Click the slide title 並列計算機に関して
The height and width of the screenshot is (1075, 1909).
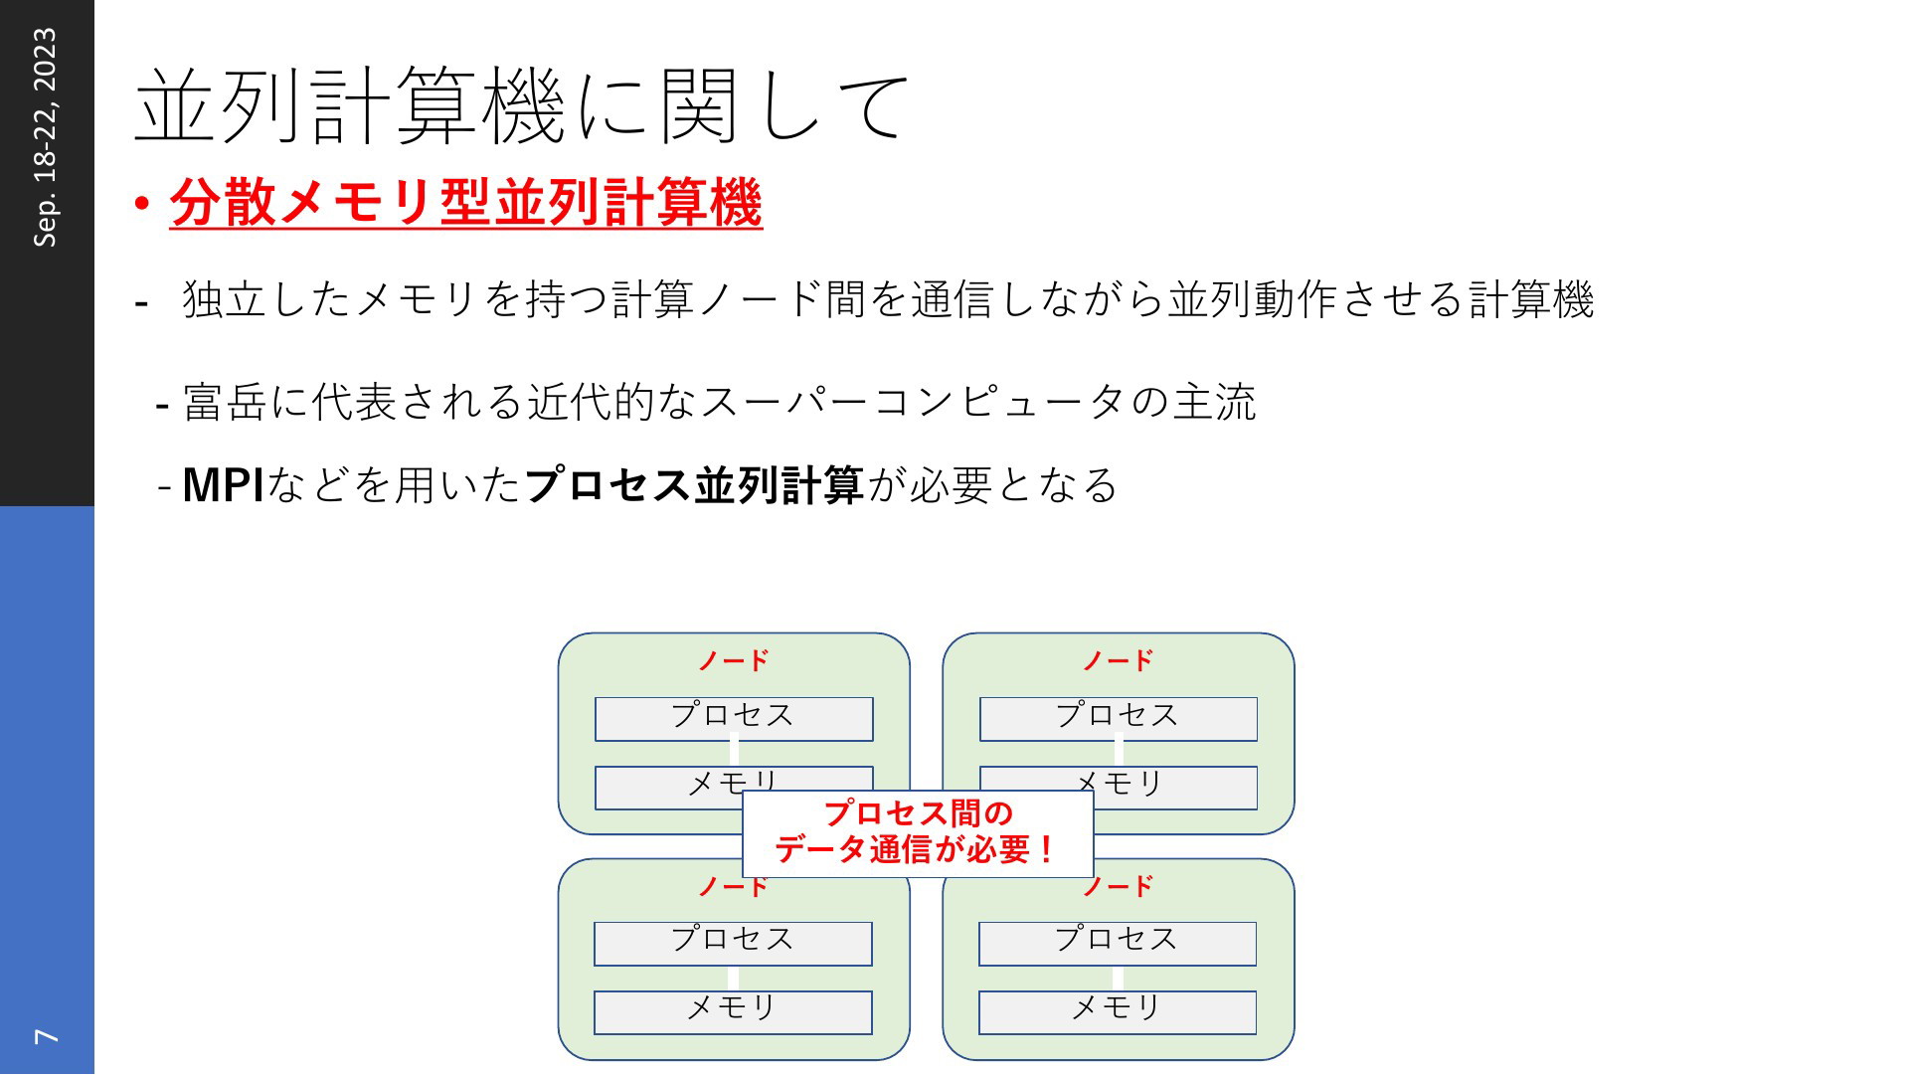521,106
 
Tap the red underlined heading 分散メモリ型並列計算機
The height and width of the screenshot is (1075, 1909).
465,203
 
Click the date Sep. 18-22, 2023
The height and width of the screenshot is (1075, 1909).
46,137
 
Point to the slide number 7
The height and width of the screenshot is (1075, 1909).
47,1036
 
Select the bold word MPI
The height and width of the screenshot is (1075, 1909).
223,485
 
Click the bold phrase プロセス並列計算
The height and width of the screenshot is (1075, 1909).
694,485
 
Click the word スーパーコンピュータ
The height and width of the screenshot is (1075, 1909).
913,403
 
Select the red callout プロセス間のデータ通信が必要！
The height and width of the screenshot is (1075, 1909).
918,832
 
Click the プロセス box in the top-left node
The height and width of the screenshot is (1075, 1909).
734,719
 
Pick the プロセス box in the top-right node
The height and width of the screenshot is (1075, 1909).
1119,719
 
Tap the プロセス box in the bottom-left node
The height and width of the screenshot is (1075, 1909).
733,944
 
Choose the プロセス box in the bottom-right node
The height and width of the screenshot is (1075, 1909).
1118,944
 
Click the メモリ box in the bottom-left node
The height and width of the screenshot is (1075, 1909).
733,1012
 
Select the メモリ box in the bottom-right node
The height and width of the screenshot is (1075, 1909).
1118,1012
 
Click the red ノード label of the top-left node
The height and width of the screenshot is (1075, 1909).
734,660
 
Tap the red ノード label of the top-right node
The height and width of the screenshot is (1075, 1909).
1119,660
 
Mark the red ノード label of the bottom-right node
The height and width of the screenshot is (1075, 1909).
1119,886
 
